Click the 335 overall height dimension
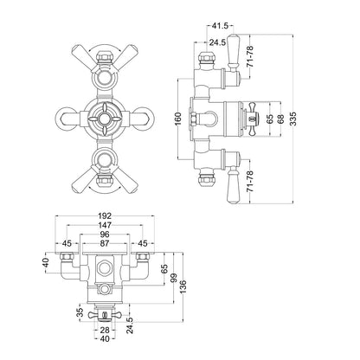click(x=293, y=118)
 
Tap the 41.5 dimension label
click(x=220, y=26)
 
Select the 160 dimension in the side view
click(x=178, y=119)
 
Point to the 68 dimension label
click(x=280, y=119)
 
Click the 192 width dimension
click(x=105, y=215)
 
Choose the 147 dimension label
click(x=105, y=225)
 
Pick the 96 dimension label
click(x=105, y=235)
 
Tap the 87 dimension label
click(x=105, y=243)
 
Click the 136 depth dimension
click(x=183, y=286)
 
